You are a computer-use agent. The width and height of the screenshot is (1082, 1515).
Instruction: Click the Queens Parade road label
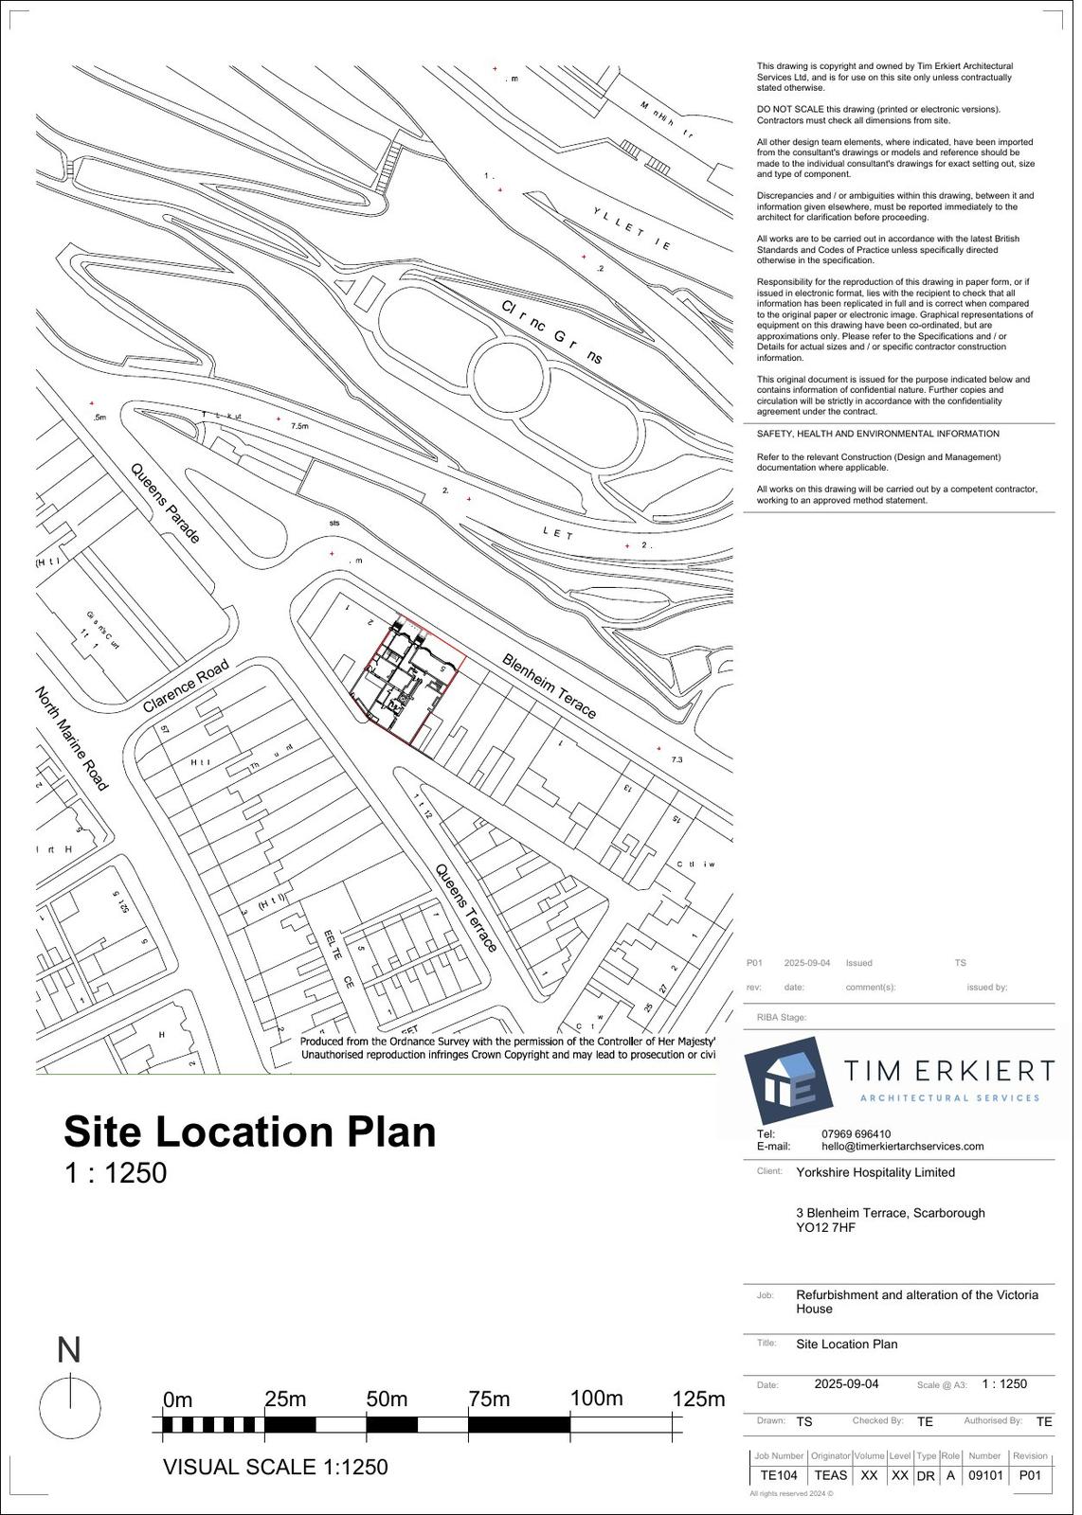pyautogui.click(x=166, y=503)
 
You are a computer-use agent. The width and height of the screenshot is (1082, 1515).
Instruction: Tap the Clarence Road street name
pyautogui.click(x=187, y=686)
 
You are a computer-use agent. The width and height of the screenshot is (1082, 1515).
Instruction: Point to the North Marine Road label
pyautogui.click(x=72, y=739)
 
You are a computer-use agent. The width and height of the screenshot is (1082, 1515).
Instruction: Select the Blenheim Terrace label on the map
pyautogui.click(x=550, y=686)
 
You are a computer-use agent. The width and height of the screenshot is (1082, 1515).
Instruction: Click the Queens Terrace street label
pyautogui.click(x=466, y=907)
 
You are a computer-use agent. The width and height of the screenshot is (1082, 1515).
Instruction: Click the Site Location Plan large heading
pyautogui.click(x=250, y=1132)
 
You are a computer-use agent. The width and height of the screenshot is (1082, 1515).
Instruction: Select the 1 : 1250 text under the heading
pyautogui.click(x=116, y=1173)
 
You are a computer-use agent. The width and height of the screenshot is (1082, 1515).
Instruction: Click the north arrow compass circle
pyautogui.click(x=69, y=1408)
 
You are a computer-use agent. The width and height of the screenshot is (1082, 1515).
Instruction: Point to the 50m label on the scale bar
pyautogui.click(x=387, y=1399)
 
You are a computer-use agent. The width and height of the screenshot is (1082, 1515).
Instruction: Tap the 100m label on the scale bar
pyautogui.click(x=597, y=1399)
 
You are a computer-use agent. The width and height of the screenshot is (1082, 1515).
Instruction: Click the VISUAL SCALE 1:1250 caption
pyautogui.click(x=276, y=1468)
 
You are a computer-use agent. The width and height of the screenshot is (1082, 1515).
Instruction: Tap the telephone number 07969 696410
pyautogui.click(x=856, y=1133)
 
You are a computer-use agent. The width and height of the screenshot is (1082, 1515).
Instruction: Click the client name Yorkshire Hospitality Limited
pyautogui.click(x=875, y=1172)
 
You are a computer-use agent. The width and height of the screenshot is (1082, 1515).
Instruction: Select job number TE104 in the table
pyautogui.click(x=779, y=1475)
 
